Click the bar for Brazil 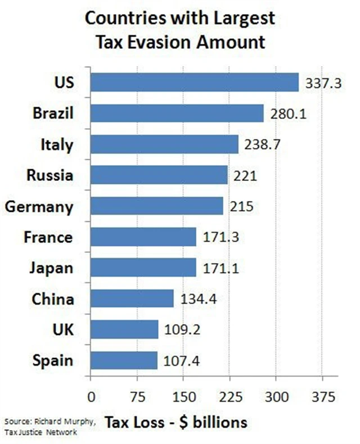[177, 114]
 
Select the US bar [194, 83]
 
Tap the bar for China [132, 298]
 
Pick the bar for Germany [156, 206]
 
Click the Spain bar [124, 360]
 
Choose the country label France [48, 237]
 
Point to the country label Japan [51, 268]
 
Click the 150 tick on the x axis [182, 397]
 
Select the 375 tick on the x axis [322, 397]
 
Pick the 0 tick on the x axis [91, 397]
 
